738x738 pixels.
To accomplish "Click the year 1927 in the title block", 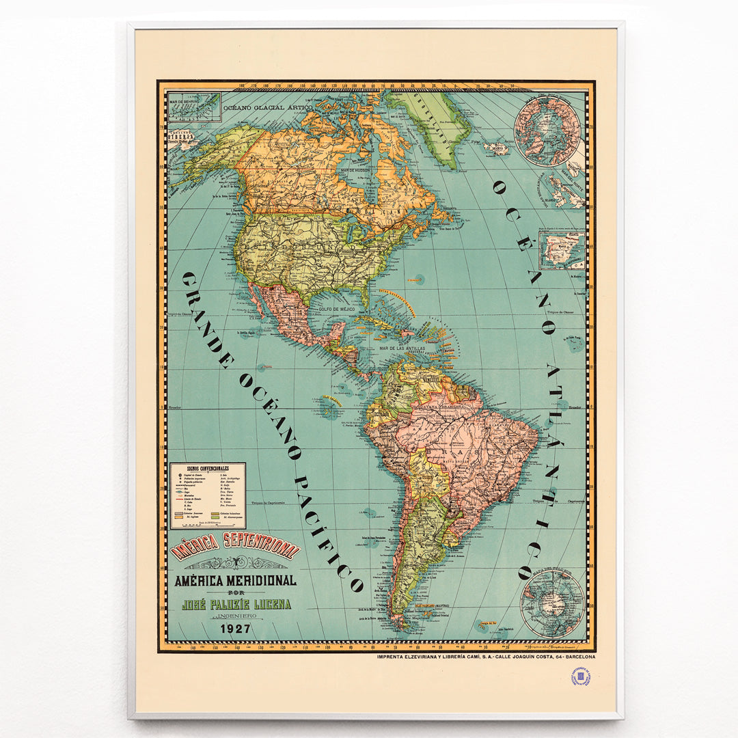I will [234, 629].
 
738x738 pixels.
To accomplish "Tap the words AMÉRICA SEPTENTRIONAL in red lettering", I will [236, 547].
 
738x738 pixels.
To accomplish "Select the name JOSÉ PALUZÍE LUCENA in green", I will [236, 604].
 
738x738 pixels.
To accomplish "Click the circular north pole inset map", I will [547, 131].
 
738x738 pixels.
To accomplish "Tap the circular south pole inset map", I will [552, 603].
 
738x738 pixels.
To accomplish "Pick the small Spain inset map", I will [562, 250].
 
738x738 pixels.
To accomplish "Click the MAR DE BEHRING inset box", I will [194, 108].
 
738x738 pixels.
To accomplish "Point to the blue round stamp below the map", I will [580, 676].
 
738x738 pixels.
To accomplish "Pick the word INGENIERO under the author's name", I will [236, 616].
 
